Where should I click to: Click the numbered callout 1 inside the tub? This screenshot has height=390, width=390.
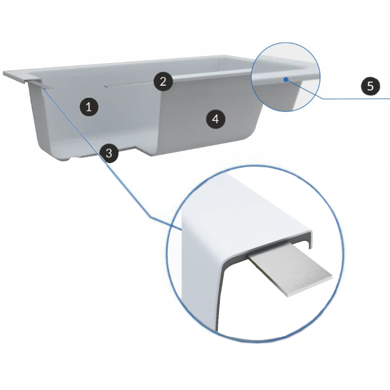coord(89,106)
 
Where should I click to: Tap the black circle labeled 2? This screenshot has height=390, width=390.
coord(163,81)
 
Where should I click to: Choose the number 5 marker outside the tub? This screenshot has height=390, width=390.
coord(370,86)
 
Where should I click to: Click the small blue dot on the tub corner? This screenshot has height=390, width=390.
coord(287,78)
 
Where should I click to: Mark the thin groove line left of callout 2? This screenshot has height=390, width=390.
coord(127,86)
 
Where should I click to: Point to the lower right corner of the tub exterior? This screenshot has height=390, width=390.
coord(251,139)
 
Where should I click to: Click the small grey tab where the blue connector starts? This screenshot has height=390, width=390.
coord(41,84)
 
